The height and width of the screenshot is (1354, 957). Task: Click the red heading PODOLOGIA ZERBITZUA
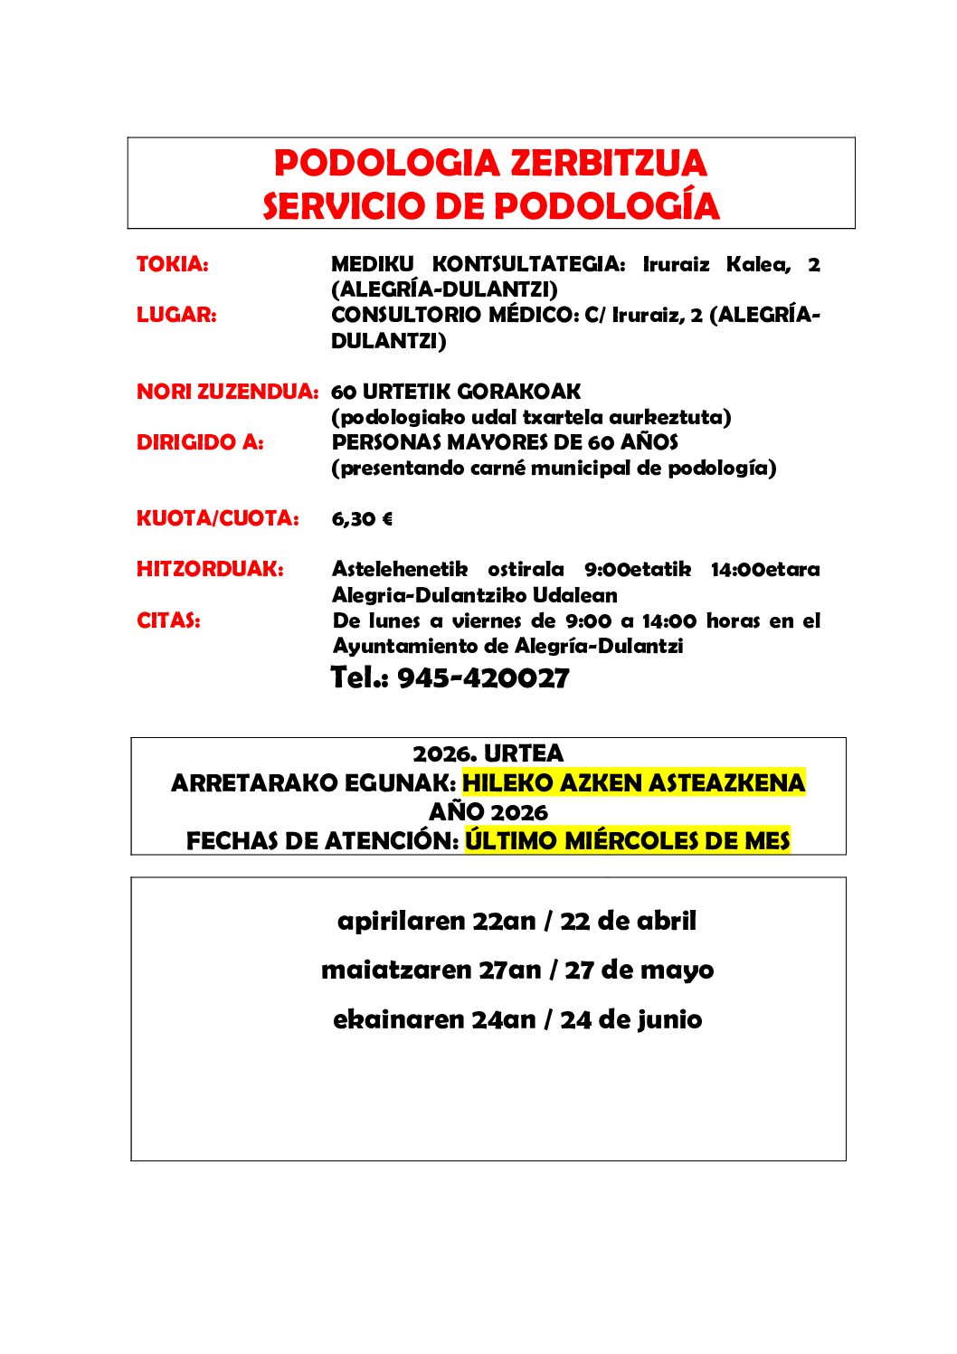[490, 164]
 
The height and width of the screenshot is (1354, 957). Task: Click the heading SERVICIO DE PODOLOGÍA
[490, 206]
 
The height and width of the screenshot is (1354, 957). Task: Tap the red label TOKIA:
[172, 264]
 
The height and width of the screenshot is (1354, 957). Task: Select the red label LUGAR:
[176, 315]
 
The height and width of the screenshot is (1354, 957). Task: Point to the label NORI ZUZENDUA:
[227, 392]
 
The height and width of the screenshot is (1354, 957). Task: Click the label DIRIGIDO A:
[200, 442]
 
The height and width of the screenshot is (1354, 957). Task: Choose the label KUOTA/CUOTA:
[217, 518]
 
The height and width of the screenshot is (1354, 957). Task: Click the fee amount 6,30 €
[362, 519]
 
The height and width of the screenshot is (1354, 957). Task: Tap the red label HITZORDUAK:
[210, 569]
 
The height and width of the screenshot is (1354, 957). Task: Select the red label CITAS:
[168, 620]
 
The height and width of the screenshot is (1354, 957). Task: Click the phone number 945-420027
[483, 677]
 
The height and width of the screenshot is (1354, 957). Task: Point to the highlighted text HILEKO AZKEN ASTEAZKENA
[633, 782]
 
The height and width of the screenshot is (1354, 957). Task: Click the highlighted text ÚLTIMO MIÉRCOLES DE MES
[628, 840]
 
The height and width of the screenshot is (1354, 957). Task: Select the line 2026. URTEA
[488, 753]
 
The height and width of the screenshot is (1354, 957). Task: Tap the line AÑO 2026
[488, 811]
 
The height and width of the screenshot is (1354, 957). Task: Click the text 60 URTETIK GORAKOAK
[456, 392]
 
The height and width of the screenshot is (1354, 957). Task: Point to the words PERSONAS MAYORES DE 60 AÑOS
[505, 442]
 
